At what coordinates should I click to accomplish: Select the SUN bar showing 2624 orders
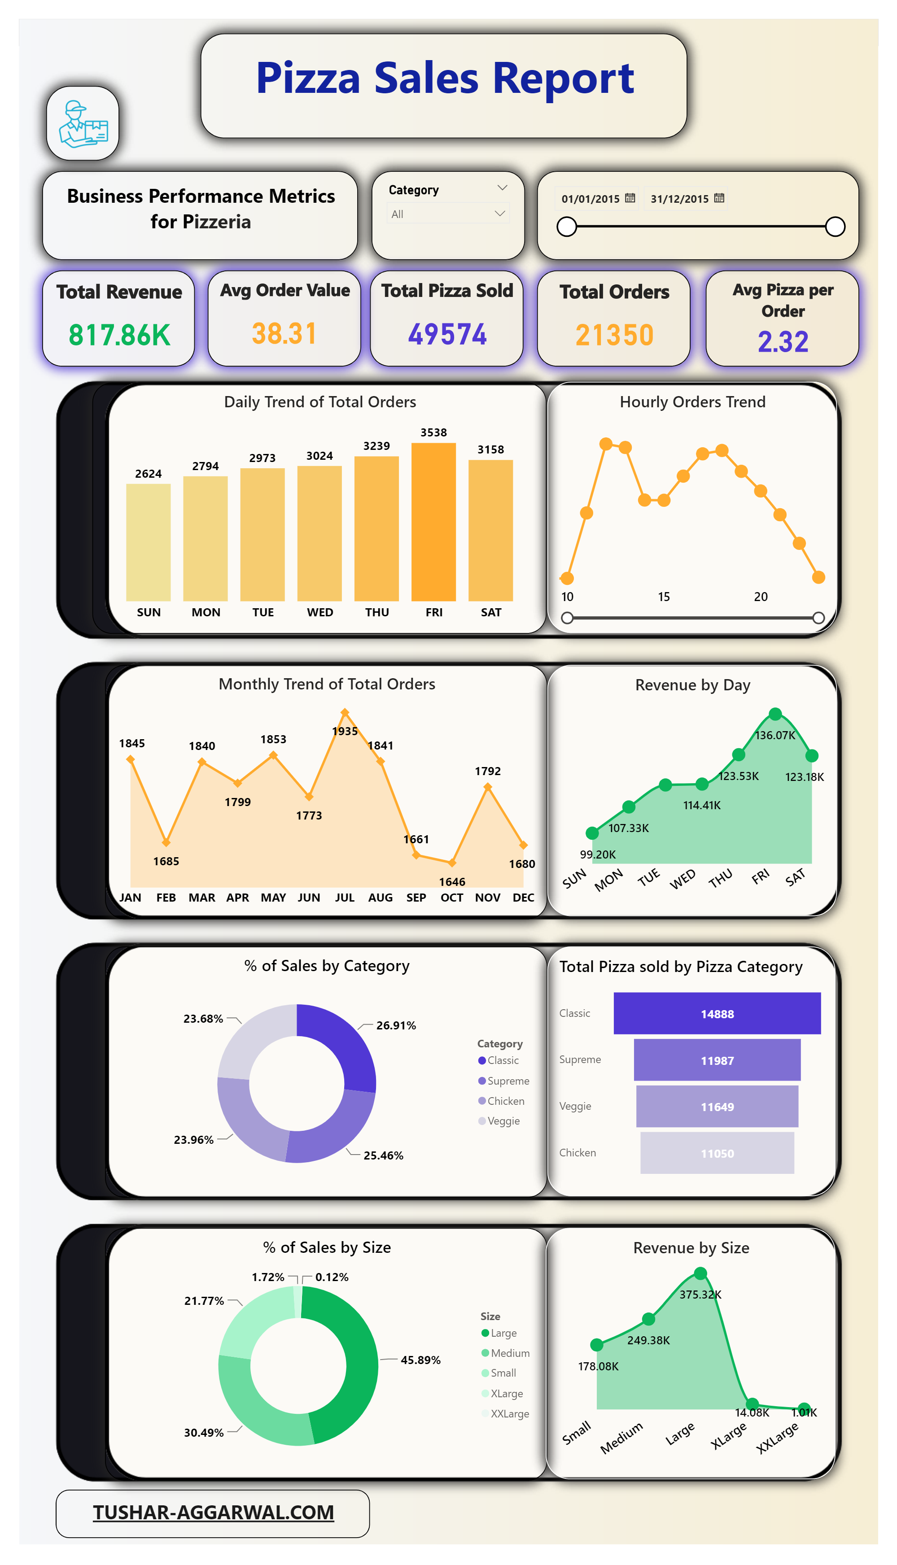click(x=148, y=542)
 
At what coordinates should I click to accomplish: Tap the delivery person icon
click(x=83, y=124)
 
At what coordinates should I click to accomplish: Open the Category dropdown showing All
click(x=448, y=214)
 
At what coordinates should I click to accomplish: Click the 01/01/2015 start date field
click(x=596, y=199)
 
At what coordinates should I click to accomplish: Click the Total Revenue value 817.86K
click(x=119, y=335)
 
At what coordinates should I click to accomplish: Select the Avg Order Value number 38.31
click(x=284, y=334)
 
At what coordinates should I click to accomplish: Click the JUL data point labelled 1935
click(x=345, y=712)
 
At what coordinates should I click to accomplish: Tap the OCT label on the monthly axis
click(x=451, y=897)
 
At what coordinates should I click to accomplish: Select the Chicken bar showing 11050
click(x=717, y=1153)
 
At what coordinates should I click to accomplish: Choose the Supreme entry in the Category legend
click(x=508, y=1081)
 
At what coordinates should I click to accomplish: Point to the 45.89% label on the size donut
click(x=420, y=1360)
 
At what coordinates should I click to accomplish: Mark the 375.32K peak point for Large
click(x=700, y=1273)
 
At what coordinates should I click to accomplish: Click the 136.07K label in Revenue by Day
click(x=775, y=735)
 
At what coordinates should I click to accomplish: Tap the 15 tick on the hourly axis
click(x=664, y=597)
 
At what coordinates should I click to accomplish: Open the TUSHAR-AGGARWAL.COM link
click(x=213, y=1513)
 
